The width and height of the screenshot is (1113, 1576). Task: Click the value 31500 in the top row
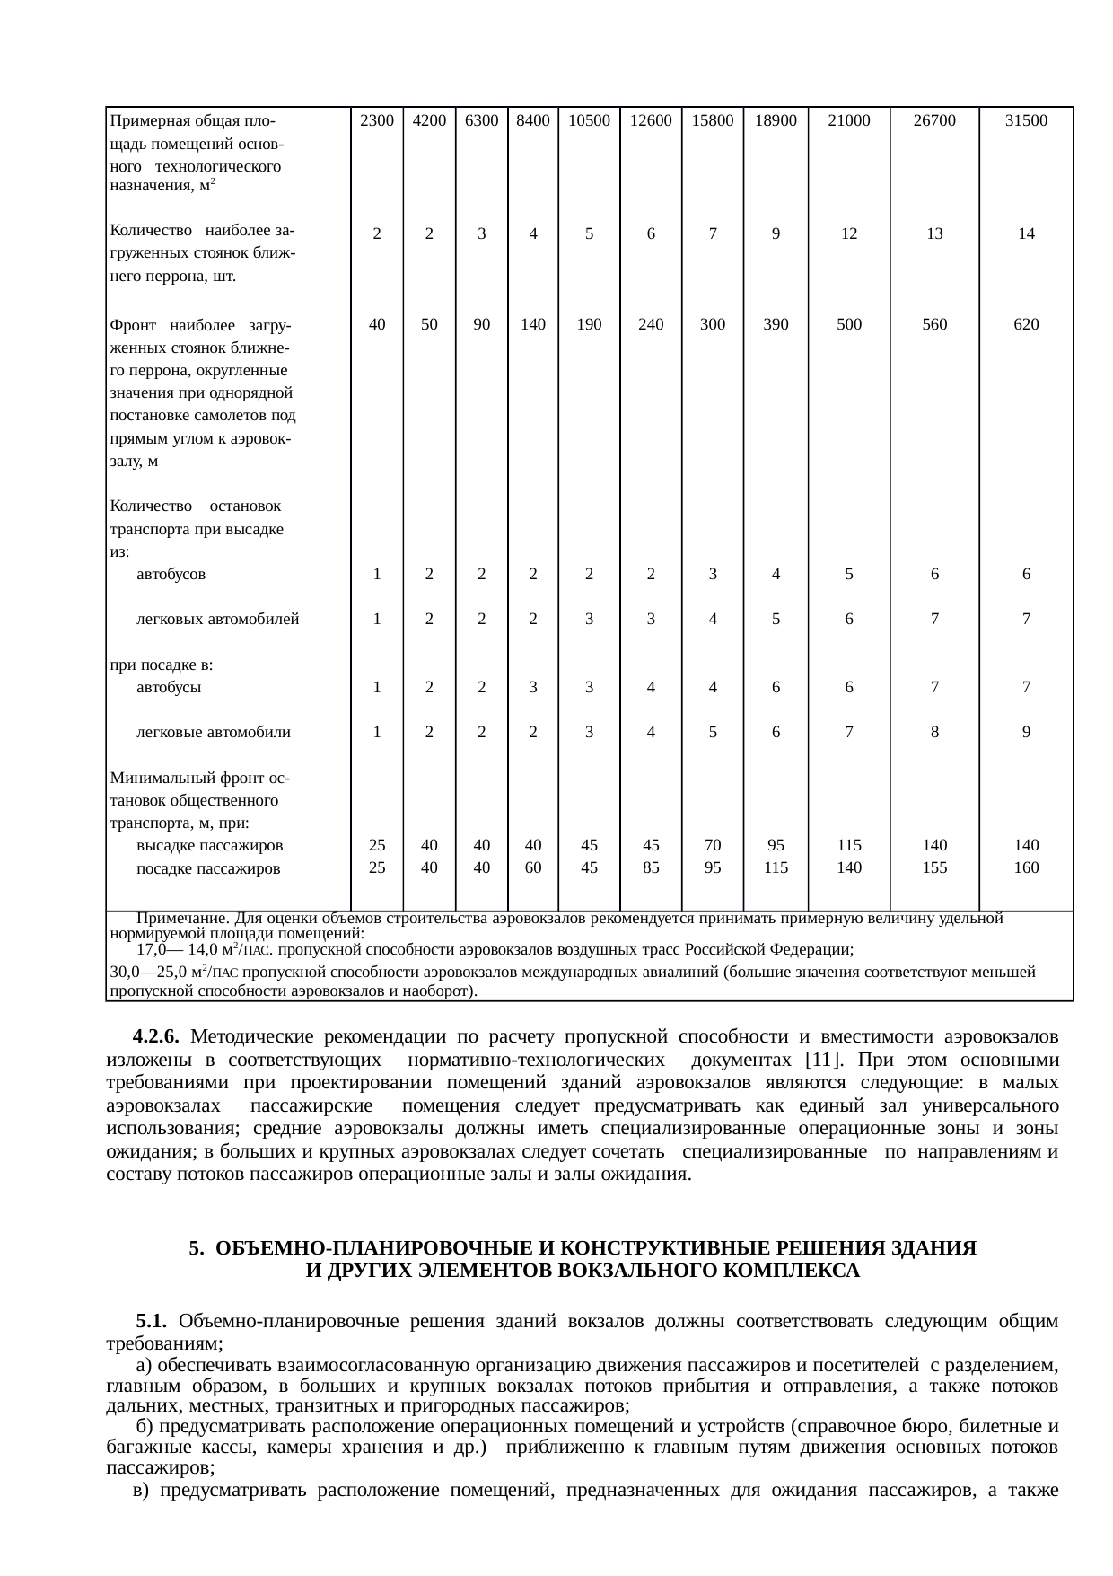pyautogui.click(x=1026, y=121)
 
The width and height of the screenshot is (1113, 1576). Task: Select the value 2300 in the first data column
pyautogui.click(x=377, y=121)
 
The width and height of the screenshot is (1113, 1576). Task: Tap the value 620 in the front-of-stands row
pyautogui.click(x=1026, y=325)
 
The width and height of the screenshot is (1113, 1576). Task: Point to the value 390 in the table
pyautogui.click(x=776, y=325)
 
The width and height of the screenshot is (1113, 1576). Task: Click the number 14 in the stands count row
pyautogui.click(x=1026, y=233)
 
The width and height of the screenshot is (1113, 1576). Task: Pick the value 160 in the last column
pyautogui.click(x=1026, y=868)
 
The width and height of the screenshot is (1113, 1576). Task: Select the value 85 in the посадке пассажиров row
pyautogui.click(x=651, y=868)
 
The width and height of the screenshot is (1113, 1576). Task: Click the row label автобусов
pyautogui.click(x=171, y=575)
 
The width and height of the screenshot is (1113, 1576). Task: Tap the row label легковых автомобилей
pyautogui.click(x=217, y=620)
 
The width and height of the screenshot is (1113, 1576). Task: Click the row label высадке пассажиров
pyautogui.click(x=210, y=846)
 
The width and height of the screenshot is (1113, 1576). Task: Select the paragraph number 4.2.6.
pyautogui.click(x=155, y=1037)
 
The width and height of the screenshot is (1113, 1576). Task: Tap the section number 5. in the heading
pyautogui.click(x=197, y=1249)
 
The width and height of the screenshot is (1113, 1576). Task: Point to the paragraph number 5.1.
pyautogui.click(x=151, y=1322)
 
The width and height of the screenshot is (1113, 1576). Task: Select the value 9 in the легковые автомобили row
pyautogui.click(x=1026, y=733)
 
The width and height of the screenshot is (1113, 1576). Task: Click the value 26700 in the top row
pyautogui.click(x=934, y=121)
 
